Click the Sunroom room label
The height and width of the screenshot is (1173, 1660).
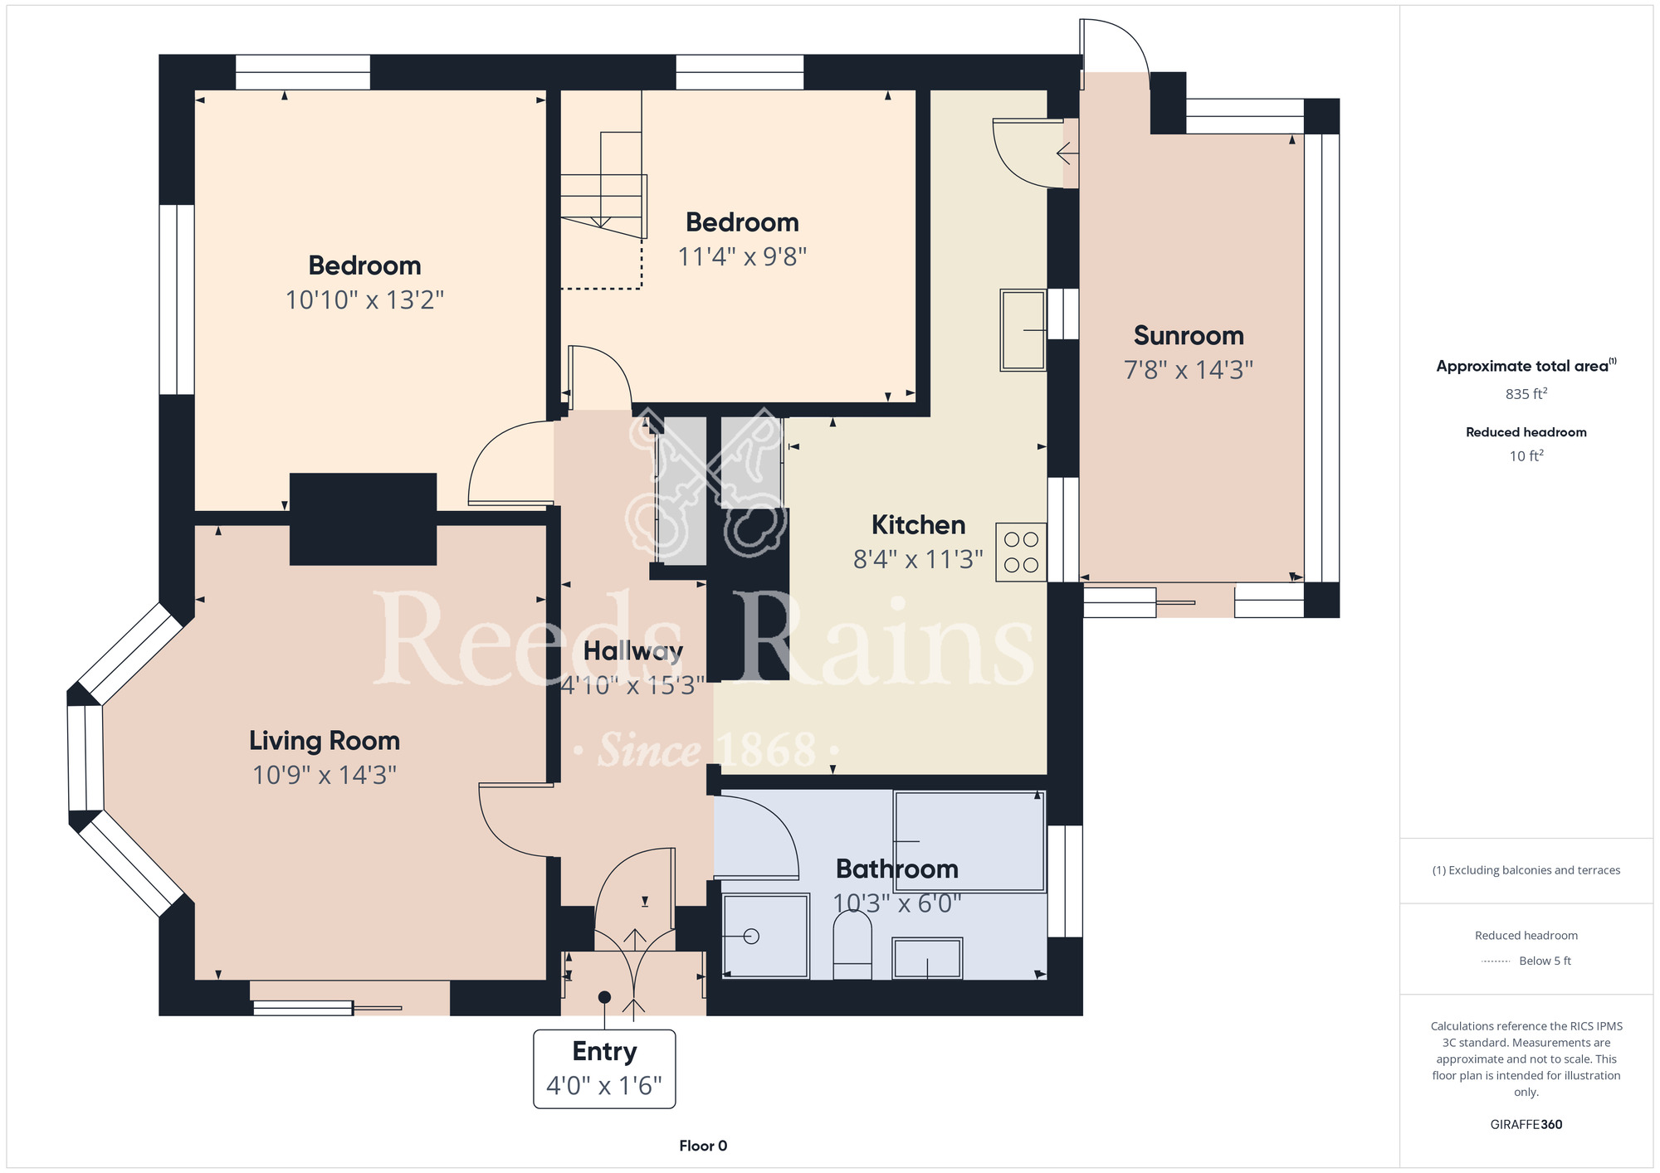(x=1189, y=335)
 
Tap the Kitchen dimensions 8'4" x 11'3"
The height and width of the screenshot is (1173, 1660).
(x=918, y=559)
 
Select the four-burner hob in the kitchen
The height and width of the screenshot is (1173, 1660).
(x=1021, y=552)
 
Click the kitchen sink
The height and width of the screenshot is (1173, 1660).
(x=1023, y=329)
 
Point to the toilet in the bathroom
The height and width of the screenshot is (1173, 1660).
(x=852, y=946)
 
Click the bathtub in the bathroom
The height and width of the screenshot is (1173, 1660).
(x=969, y=841)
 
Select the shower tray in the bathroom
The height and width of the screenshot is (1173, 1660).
(x=765, y=936)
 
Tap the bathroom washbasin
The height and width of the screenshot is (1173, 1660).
(x=927, y=958)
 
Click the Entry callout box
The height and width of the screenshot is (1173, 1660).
(x=604, y=1068)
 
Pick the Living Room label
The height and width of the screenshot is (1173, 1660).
(x=325, y=740)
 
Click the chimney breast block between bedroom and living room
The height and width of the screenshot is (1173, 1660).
(x=363, y=519)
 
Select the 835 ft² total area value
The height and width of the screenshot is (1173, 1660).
(x=1526, y=394)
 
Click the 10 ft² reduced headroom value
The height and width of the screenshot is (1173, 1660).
(x=1526, y=455)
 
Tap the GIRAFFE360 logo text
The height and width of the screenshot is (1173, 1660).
(x=1526, y=1125)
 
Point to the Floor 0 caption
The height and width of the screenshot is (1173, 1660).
(x=703, y=1146)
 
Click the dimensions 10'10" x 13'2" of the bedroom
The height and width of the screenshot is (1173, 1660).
(x=364, y=299)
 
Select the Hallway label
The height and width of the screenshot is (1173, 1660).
(x=633, y=651)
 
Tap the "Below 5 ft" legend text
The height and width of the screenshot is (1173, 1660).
(x=1545, y=961)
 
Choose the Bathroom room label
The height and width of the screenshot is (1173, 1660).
(x=897, y=869)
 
